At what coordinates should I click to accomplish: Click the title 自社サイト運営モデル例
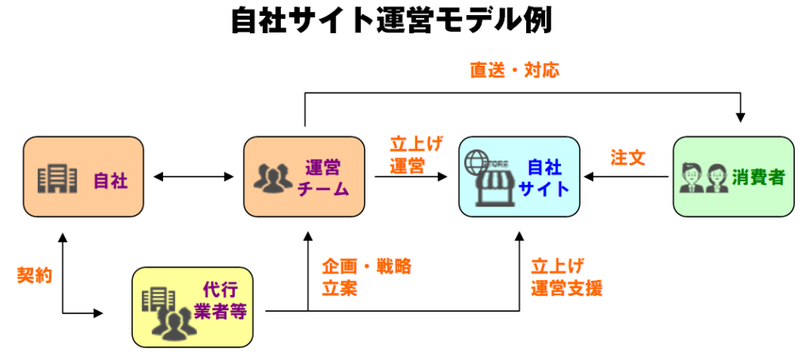391,21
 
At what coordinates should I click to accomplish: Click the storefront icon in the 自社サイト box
487,178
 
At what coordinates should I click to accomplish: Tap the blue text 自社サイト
544,178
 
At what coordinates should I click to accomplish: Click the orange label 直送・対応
514,70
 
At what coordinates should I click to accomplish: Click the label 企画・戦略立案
366,277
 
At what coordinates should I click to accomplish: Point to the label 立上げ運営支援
566,277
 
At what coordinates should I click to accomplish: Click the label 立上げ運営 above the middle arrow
416,155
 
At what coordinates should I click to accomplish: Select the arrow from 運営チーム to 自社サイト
411,177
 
